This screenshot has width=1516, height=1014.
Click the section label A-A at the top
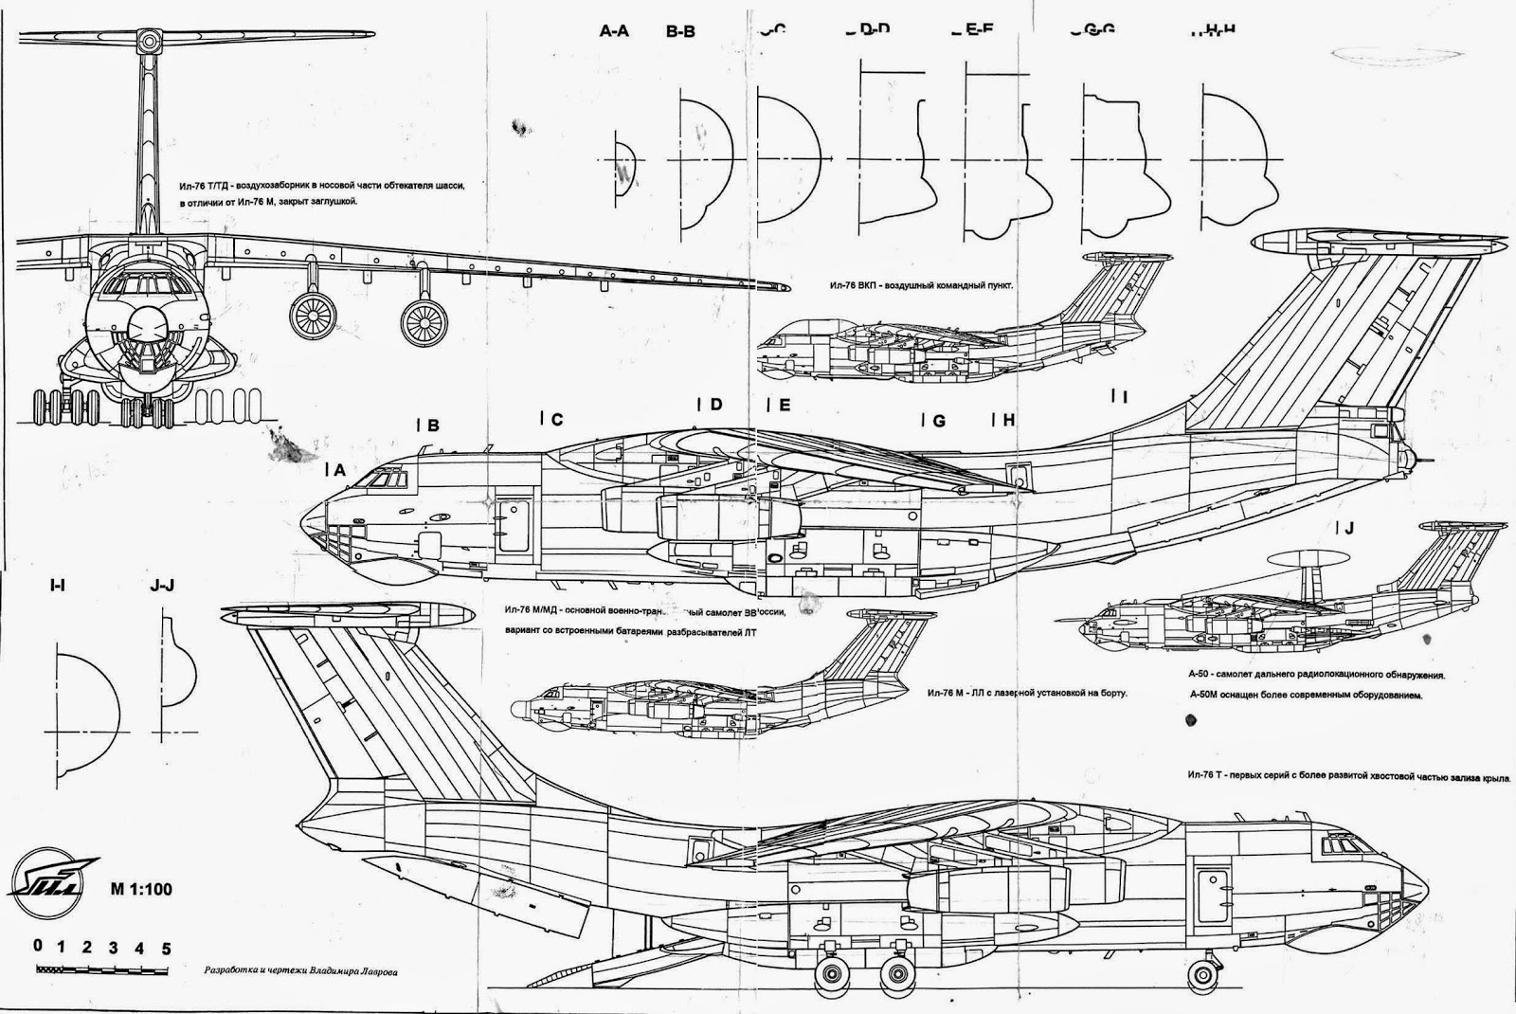[x=614, y=30]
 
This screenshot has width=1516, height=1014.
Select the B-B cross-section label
[x=680, y=31]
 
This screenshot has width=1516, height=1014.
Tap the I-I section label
[x=57, y=586]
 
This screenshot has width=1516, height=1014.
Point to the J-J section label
[x=162, y=586]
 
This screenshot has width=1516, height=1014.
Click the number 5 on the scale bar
[x=166, y=947]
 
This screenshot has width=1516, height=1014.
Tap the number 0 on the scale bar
[x=37, y=947]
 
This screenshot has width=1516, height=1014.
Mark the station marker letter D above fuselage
[x=715, y=405]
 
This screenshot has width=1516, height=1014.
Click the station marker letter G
[x=939, y=421]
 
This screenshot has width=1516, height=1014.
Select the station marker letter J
[x=1349, y=527]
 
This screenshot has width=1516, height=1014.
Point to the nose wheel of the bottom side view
[x=1202, y=974]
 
